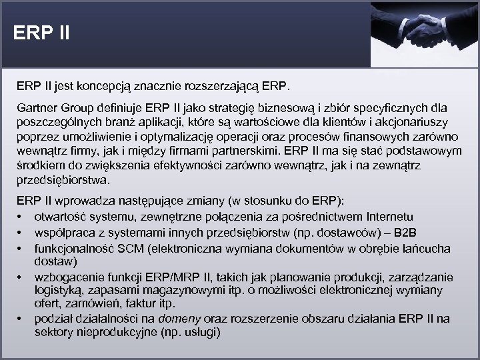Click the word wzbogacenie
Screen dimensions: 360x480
coord(69,277)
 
